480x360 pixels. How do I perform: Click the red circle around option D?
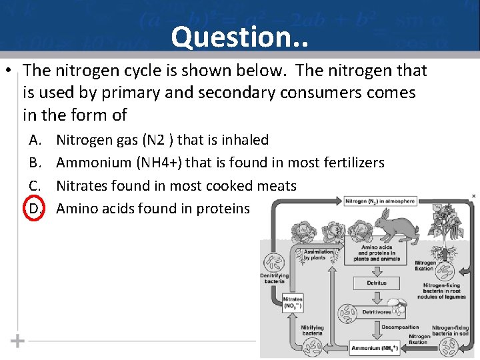pyautogui.click(x=35, y=209)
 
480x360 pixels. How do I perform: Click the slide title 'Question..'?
pyautogui.click(x=239, y=37)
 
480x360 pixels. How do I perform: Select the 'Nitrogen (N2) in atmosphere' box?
pyautogui.click(x=381, y=201)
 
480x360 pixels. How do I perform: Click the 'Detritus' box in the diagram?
pyautogui.click(x=376, y=283)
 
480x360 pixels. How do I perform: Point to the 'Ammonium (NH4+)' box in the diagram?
pyautogui.click(x=376, y=348)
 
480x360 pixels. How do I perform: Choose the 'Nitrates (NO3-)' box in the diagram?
pyautogui.click(x=293, y=303)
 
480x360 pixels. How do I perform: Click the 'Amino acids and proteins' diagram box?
pyautogui.click(x=377, y=253)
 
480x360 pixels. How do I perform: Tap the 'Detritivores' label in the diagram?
pyautogui.click(x=377, y=311)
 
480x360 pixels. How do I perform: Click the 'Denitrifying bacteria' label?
pyautogui.click(x=274, y=279)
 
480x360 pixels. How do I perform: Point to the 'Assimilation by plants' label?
pyautogui.click(x=318, y=255)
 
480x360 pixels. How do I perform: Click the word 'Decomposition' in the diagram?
pyautogui.click(x=400, y=327)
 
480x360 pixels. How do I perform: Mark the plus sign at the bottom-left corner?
pyautogui.click(x=18, y=341)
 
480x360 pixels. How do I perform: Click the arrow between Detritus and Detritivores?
pyautogui.click(x=376, y=297)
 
